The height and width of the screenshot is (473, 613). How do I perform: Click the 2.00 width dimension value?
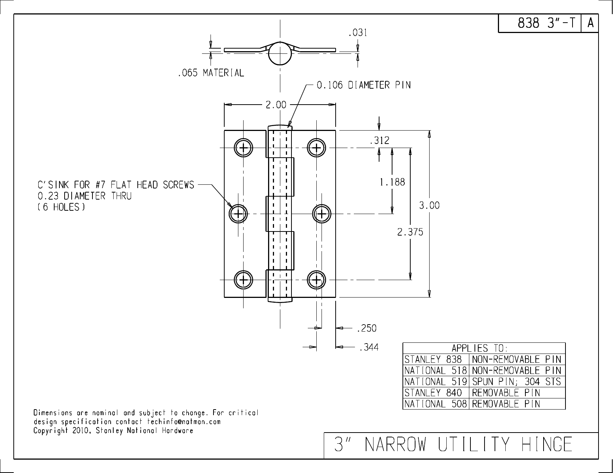click(x=275, y=105)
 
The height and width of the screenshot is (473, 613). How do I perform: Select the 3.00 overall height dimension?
click(x=429, y=205)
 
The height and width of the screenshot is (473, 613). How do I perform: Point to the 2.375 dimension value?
click(x=410, y=232)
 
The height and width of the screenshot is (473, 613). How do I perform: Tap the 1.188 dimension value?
click(x=392, y=182)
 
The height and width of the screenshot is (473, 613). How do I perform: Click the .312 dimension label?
click(x=379, y=141)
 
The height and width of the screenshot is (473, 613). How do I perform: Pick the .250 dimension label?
click(x=366, y=328)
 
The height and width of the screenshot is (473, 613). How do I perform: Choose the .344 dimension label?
click(x=368, y=348)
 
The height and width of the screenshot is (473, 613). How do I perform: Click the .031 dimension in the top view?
click(x=358, y=33)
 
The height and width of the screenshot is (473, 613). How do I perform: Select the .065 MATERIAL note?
click(x=211, y=73)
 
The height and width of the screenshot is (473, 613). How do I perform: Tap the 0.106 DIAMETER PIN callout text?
click(x=363, y=85)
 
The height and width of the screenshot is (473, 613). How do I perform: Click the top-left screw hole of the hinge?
click(x=244, y=148)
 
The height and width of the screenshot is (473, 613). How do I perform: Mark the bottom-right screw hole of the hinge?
click(x=316, y=280)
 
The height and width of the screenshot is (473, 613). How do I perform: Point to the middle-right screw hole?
click(x=322, y=214)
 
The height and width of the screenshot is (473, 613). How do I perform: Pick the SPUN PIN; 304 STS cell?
click(x=516, y=381)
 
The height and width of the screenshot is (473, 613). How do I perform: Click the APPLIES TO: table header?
click(x=479, y=348)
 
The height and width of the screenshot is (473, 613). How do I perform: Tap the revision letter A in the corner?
click(x=590, y=23)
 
